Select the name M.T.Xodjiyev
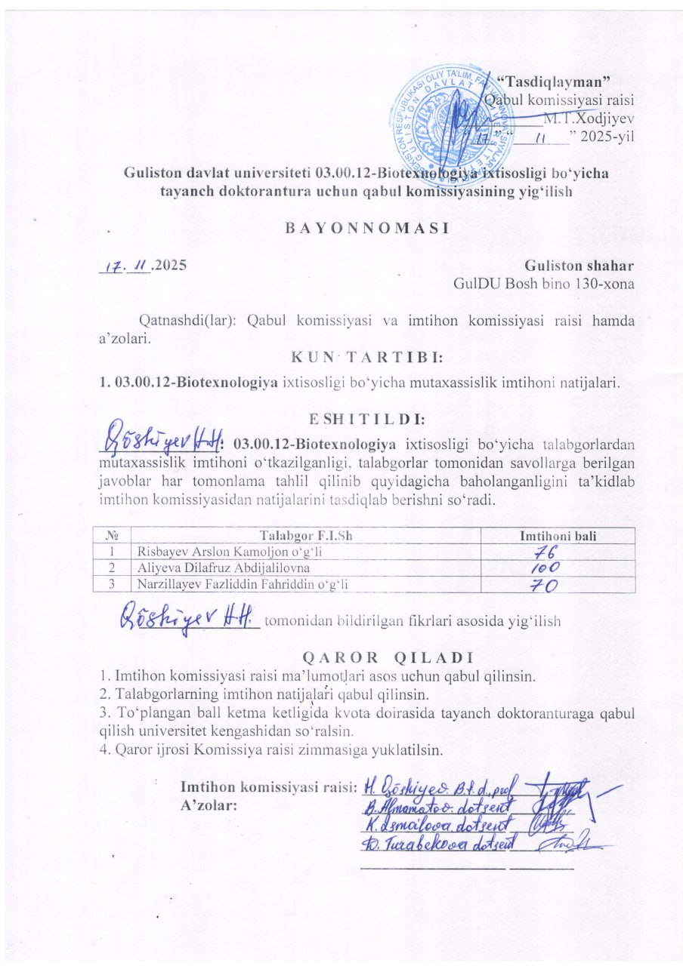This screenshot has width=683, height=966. click(596, 118)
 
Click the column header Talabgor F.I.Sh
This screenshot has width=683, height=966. click(306, 536)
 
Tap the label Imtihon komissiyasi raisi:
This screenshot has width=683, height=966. click(268, 787)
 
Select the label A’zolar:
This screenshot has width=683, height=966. click(209, 804)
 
